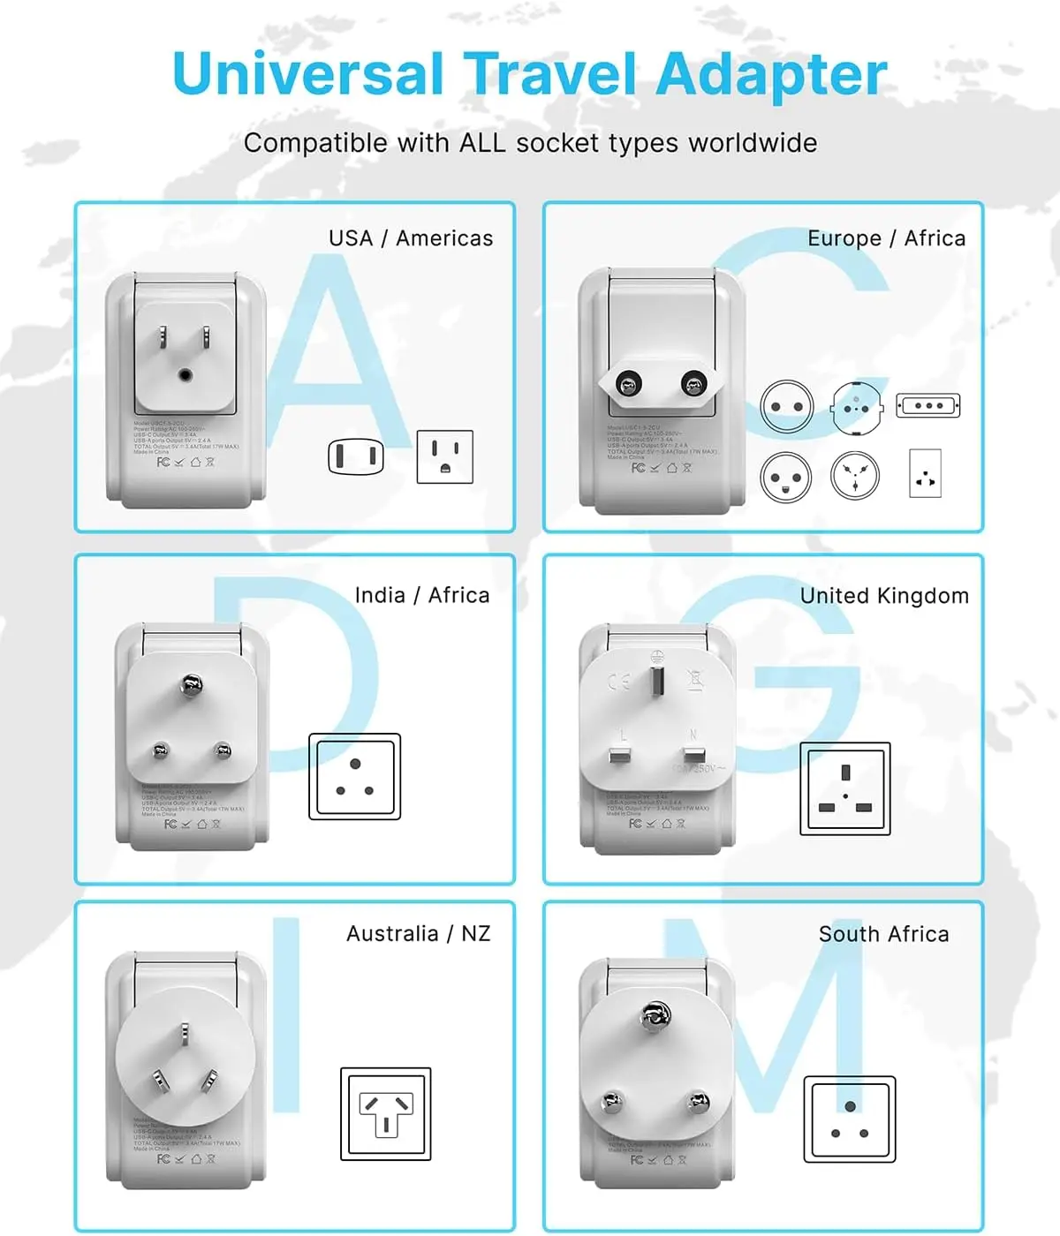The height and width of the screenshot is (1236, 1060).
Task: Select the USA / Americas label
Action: click(411, 238)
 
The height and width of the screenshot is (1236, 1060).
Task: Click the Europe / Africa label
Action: click(886, 238)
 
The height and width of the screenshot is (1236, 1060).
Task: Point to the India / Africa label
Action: click(421, 595)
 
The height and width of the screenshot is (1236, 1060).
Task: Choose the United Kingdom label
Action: click(884, 596)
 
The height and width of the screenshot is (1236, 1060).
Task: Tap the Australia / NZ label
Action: click(418, 934)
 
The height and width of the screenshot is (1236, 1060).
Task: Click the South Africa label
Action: click(883, 934)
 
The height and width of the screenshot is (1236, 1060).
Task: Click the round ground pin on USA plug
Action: click(185, 375)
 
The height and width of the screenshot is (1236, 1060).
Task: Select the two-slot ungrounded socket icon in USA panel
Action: click(356, 456)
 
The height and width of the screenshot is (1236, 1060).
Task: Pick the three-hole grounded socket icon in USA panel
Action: click(444, 456)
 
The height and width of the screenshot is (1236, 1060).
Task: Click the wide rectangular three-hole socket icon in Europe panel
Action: click(927, 406)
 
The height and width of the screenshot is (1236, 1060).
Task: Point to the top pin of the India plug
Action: click(191, 683)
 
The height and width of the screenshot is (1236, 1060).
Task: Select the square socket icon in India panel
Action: click(354, 777)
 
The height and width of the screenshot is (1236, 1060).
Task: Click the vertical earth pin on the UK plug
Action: click(656, 681)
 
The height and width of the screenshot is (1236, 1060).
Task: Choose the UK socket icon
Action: click(845, 788)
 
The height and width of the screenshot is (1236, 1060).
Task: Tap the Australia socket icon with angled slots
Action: click(386, 1114)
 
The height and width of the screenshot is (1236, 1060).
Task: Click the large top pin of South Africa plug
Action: click(654, 1016)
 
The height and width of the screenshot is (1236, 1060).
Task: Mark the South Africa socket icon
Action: click(850, 1119)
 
